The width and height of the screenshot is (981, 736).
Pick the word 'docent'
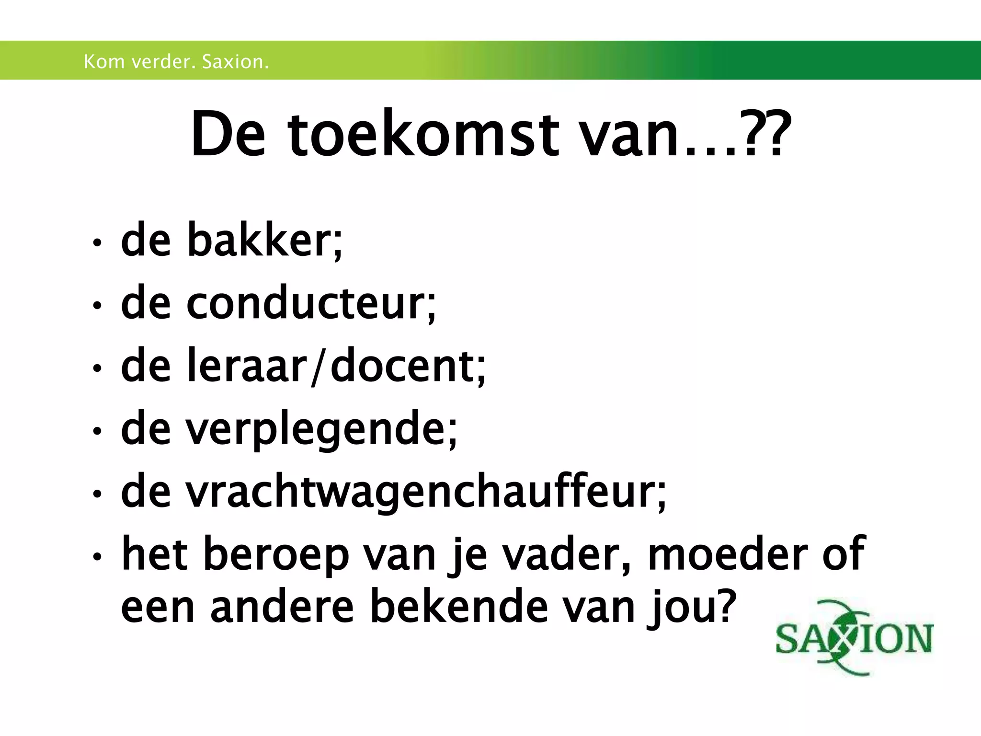point(402,367)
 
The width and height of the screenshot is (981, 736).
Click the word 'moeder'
point(728,555)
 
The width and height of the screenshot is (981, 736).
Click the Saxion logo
point(854,638)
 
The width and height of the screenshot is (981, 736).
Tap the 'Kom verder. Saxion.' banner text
point(176,62)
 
